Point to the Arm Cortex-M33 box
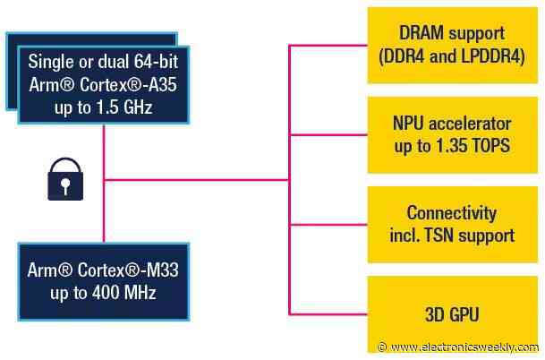104,281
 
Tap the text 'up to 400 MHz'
104,294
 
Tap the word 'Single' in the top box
51,63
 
